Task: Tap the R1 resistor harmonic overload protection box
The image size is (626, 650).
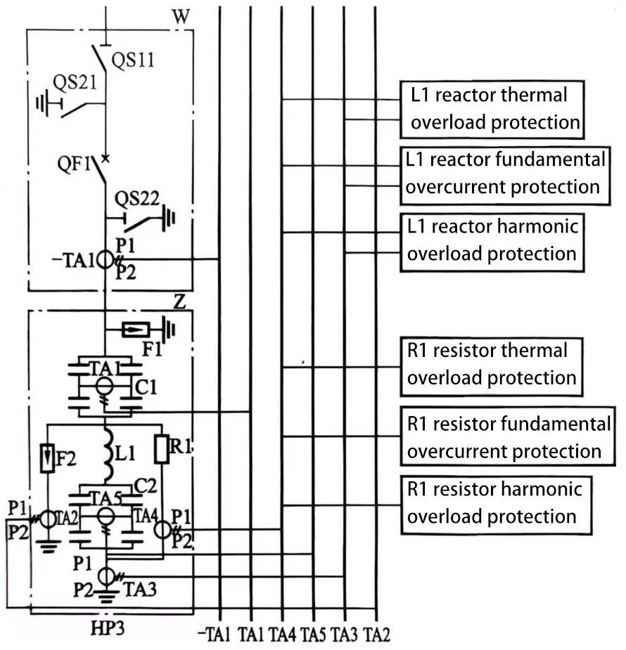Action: [495, 502]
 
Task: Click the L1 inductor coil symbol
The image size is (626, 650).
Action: [107, 454]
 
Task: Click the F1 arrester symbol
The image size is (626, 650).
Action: [134, 329]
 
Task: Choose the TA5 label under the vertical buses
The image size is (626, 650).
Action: [312, 635]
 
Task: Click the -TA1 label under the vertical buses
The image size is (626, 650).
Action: [215, 635]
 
